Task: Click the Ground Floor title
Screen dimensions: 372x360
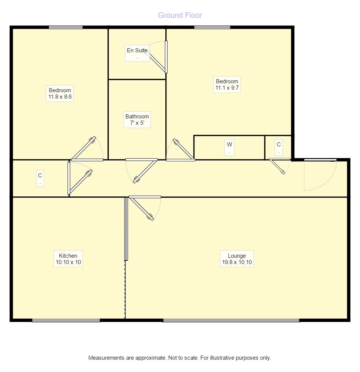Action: coord(180,15)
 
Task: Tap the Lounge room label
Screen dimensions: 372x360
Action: coord(237,256)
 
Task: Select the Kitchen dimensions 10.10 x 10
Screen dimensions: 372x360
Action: coord(68,263)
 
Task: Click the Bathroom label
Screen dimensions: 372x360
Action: coord(137,117)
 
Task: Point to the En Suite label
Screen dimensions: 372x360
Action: coord(137,50)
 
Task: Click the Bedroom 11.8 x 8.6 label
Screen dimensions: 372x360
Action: coord(60,93)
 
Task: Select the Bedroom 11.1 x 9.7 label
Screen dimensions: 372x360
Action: coord(227,85)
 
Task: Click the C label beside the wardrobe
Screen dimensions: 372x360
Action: coord(278,145)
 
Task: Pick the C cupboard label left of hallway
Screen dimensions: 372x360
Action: coord(40,175)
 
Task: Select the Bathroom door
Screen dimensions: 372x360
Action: coord(145,171)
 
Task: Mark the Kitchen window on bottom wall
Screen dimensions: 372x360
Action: coord(66,320)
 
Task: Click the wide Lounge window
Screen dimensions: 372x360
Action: coord(231,320)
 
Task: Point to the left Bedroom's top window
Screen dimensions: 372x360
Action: coord(66,27)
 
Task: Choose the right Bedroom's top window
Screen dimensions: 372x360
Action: coord(212,27)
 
